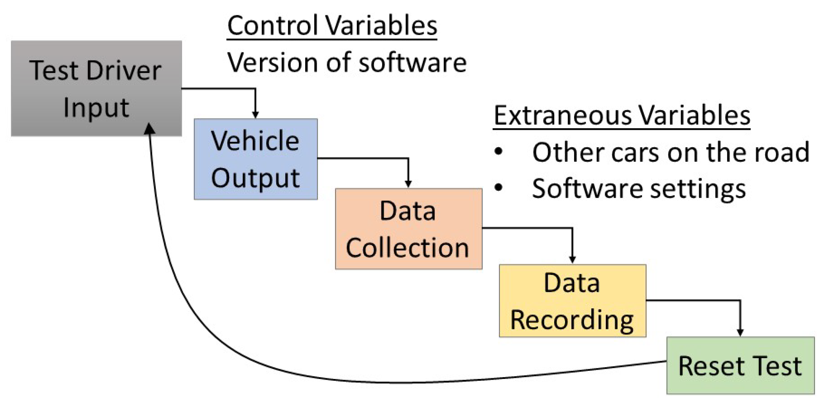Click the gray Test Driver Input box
(x=96, y=88)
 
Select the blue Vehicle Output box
(x=255, y=159)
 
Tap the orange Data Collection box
(x=408, y=229)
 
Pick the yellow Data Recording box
(x=572, y=301)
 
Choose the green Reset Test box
(x=740, y=365)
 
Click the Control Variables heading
(x=332, y=25)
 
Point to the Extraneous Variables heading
(x=621, y=115)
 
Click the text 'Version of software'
(x=347, y=63)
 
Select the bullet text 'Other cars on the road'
(x=670, y=152)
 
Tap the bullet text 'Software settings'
(x=638, y=189)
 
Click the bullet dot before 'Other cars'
(x=499, y=152)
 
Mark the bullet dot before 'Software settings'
(x=499, y=188)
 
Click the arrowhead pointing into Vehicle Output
(x=255, y=115)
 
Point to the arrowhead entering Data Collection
(x=408, y=184)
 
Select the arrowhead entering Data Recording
(x=572, y=260)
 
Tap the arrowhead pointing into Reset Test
(x=740, y=332)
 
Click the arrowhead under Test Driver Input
(x=149, y=128)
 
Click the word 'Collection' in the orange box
(x=407, y=248)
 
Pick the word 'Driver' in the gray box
(x=124, y=70)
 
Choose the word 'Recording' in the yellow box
(x=572, y=320)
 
